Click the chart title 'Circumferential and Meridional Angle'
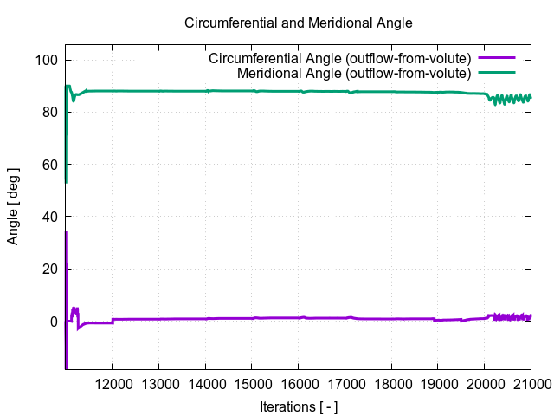[299, 23]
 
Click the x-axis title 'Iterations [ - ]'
[299, 406]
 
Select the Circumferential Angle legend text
[339, 59]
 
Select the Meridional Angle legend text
[353, 74]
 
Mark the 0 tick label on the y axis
[54, 322]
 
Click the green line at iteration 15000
[252, 91]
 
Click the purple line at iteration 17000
[345, 318]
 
